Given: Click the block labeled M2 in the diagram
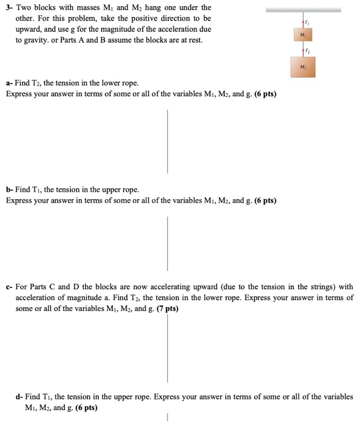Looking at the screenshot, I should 305,67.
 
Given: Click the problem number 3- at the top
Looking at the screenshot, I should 10,7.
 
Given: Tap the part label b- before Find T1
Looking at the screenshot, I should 10,189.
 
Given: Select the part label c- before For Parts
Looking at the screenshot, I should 10,287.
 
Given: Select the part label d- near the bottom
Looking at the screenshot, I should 20,397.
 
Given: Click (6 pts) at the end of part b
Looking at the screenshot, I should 261,200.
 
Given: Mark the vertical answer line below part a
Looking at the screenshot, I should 167,141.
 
